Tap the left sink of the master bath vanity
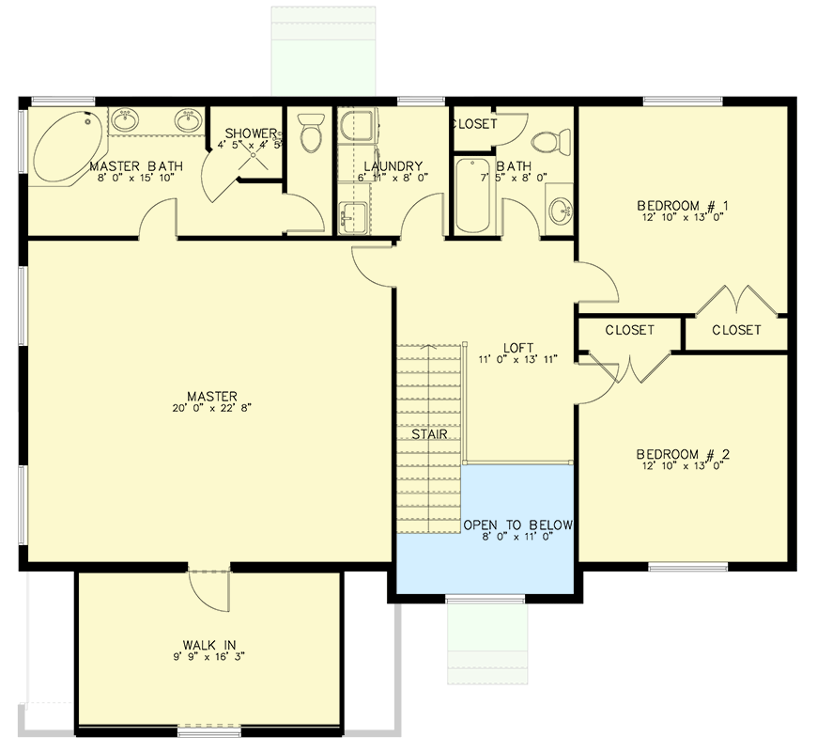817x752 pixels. (126, 120)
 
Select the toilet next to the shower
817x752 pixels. (311, 135)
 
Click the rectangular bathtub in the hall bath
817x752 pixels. (472, 196)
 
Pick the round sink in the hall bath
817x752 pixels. (559, 208)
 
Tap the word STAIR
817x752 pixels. (427, 435)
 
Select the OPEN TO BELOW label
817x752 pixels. (517, 525)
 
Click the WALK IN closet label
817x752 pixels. (208, 644)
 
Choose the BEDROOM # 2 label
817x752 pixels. (683, 455)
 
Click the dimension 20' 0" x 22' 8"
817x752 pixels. (211, 409)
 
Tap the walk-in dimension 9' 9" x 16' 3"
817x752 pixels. (208, 657)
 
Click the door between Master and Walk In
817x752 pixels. (208, 587)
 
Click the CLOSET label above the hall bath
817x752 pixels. (475, 124)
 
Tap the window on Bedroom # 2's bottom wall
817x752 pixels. (688, 566)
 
